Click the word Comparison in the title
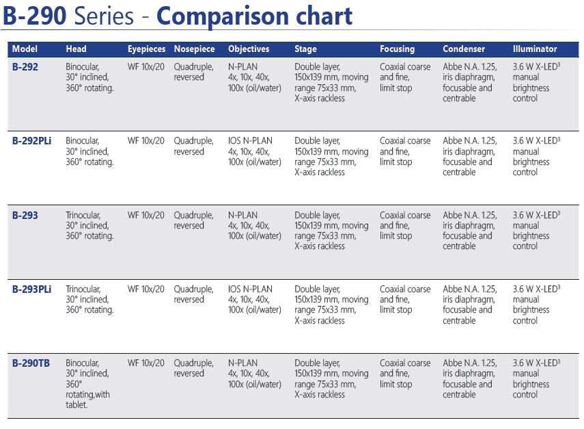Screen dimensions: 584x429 coord(223,17)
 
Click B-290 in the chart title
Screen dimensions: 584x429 coord(35,16)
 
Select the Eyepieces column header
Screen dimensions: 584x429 coord(146,49)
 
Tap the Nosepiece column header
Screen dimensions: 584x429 coord(194,49)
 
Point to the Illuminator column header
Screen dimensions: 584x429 coord(534,49)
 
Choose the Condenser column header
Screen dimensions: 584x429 coord(464,49)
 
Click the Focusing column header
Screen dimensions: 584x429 coord(397,49)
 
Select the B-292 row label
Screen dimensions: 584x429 coord(25,67)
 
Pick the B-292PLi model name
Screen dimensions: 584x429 coord(31,141)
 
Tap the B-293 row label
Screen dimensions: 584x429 coord(25,216)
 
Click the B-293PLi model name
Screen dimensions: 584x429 coord(31,289)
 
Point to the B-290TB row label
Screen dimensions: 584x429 coord(31,363)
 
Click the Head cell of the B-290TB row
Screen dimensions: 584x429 coord(87,384)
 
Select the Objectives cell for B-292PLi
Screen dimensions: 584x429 coord(254,151)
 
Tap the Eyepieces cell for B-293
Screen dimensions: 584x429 coord(145,216)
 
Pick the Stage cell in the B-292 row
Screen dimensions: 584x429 coord(331,82)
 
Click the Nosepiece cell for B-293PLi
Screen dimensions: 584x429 coord(193,294)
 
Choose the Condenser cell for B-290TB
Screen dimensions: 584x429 coord(470,378)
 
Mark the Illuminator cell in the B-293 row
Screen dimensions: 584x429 coord(536,230)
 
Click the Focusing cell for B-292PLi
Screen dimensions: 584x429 coord(405,151)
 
